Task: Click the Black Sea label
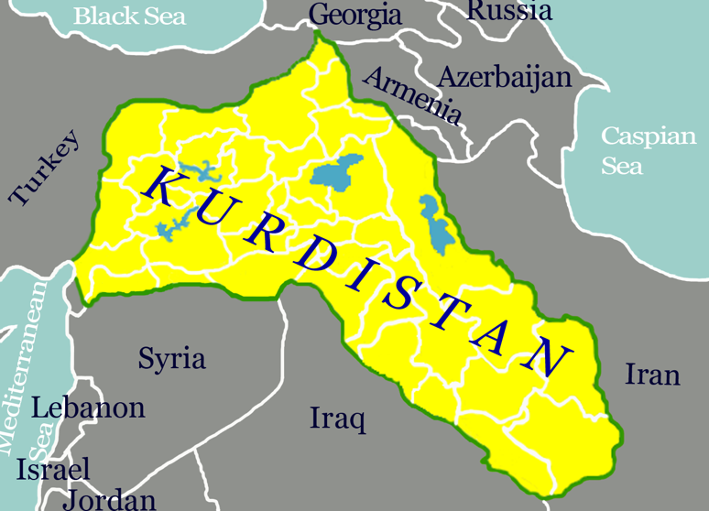(x=129, y=16)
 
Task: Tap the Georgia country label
(x=355, y=15)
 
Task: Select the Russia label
(x=509, y=11)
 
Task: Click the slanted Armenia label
(x=412, y=95)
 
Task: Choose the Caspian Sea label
(x=648, y=151)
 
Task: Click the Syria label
(x=171, y=358)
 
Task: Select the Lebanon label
(x=88, y=408)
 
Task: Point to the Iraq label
(x=337, y=419)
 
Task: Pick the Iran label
(x=652, y=375)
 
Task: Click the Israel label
(x=53, y=470)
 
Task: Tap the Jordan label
(x=109, y=499)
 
